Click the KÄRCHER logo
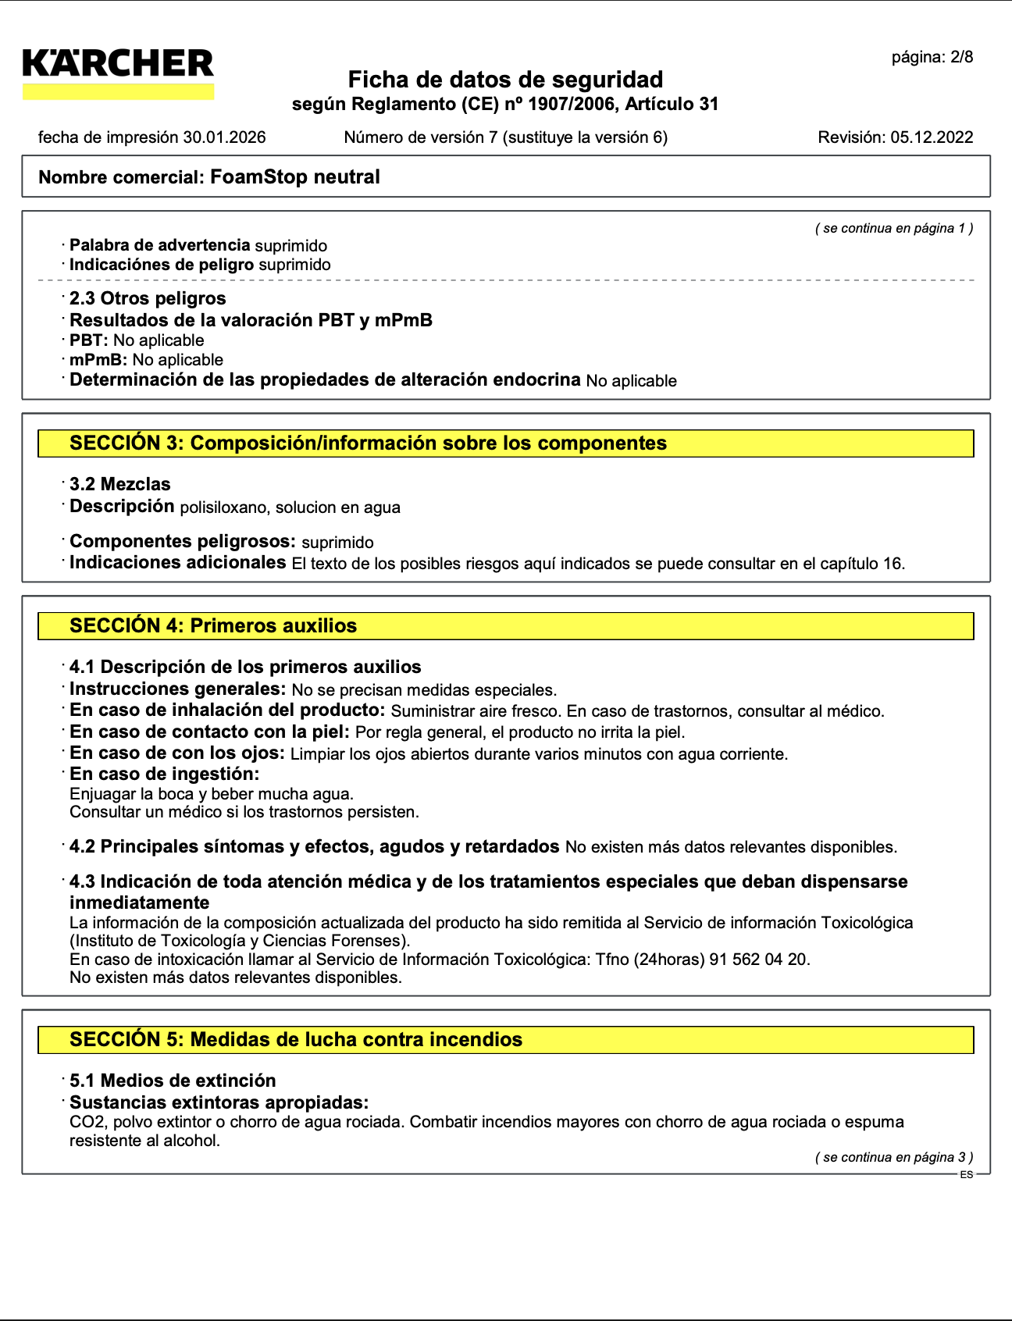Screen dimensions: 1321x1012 pyautogui.click(x=118, y=64)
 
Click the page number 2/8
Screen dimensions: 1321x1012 pyautogui.click(x=960, y=57)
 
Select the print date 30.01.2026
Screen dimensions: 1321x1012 pyautogui.click(x=224, y=137)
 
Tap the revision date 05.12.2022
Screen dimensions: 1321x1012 pyautogui.click(x=932, y=137)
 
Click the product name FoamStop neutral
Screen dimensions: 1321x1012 pyautogui.click(x=295, y=177)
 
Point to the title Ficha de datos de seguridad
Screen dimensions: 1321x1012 pyautogui.click(x=505, y=80)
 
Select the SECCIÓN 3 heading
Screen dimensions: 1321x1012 pyautogui.click(x=368, y=443)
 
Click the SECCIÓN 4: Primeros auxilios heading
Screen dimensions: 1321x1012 pyautogui.click(x=213, y=626)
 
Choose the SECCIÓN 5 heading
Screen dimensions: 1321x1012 pyautogui.click(x=296, y=1040)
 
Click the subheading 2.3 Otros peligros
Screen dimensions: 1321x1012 pyautogui.click(x=148, y=299)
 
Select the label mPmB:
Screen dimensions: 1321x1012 pyautogui.click(x=98, y=360)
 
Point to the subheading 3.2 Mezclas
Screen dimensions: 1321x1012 pyautogui.click(x=119, y=485)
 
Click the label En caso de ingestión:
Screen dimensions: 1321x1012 pyautogui.click(x=164, y=774)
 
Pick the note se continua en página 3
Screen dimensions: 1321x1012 pyautogui.click(x=894, y=1157)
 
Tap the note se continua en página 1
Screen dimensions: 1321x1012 pyautogui.click(x=894, y=228)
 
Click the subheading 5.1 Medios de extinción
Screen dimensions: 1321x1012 pyautogui.click(x=173, y=1081)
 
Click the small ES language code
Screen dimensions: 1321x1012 pyautogui.click(x=967, y=1175)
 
